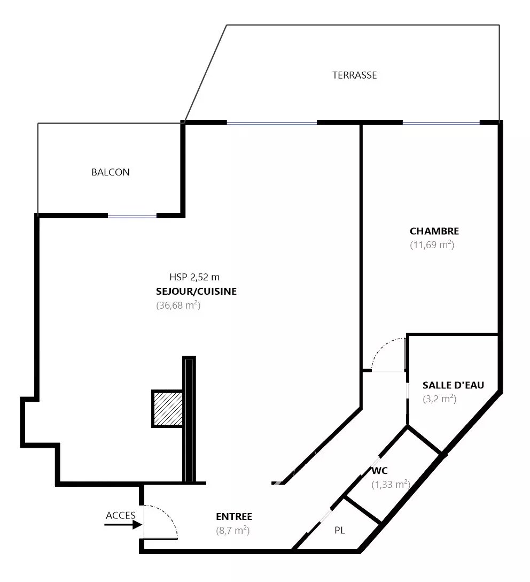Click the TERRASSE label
pyautogui.click(x=354, y=75)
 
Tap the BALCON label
pyautogui.click(x=111, y=173)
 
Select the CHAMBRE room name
pyautogui.click(x=434, y=232)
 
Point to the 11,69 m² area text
pyautogui.click(x=432, y=246)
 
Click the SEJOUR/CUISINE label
pyautogui.click(x=197, y=292)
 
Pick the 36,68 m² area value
pyautogui.click(x=178, y=306)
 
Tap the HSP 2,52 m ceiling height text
pyautogui.click(x=194, y=277)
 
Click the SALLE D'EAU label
pyautogui.click(x=453, y=385)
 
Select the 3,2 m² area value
pyautogui.click(x=440, y=399)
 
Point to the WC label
pyautogui.click(x=379, y=471)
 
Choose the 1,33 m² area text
pyautogui.click(x=391, y=485)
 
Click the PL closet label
pyautogui.click(x=340, y=531)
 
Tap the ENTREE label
pyautogui.click(x=234, y=517)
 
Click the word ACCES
pyautogui.click(x=121, y=516)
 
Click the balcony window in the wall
pyautogui.click(x=132, y=216)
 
